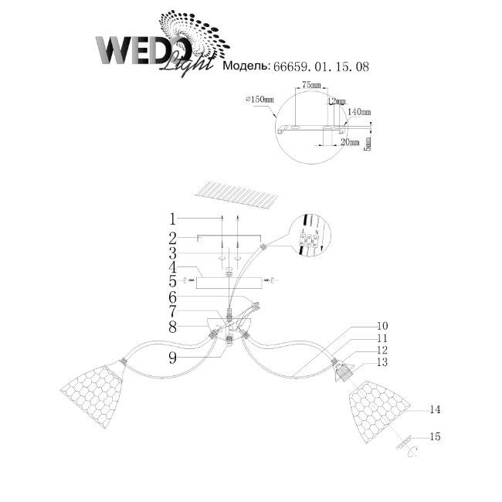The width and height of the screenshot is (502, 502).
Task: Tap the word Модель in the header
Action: coord(245,67)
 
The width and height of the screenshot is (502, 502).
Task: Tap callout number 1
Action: coord(174,218)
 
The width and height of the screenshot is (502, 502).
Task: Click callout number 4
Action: coord(174,267)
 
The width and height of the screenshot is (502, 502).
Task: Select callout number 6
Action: coord(174,297)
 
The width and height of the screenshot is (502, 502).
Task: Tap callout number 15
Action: coord(435,437)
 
